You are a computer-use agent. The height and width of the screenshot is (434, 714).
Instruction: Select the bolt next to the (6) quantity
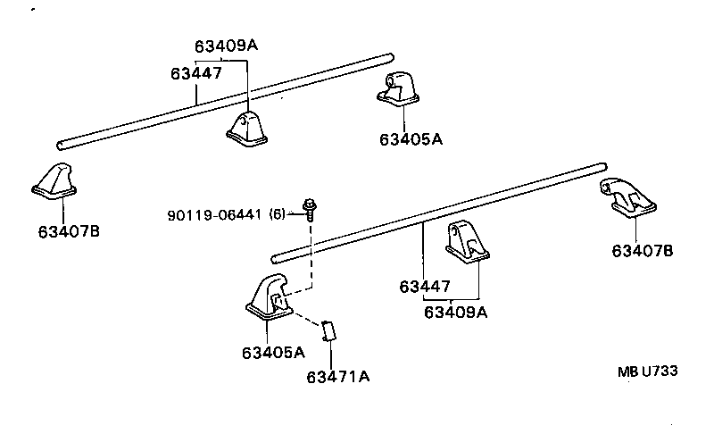[311, 209]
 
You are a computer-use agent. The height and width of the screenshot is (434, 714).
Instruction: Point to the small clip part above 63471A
[328, 330]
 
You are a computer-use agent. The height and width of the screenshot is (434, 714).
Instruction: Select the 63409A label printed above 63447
[225, 46]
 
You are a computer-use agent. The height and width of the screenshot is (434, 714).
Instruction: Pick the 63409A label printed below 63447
[455, 312]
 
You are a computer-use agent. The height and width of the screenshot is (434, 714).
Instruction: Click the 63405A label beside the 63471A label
[272, 352]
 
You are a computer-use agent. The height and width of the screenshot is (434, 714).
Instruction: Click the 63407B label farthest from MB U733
[68, 231]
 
